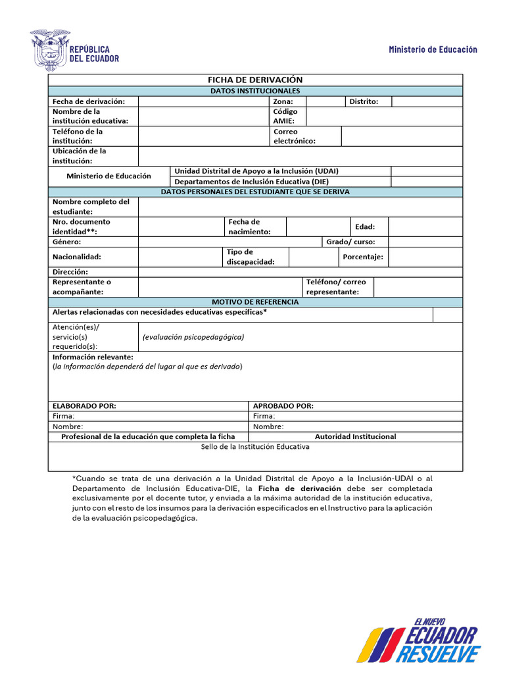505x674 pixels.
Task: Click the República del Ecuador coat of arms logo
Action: [49, 49]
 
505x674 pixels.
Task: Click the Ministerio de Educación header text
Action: [433, 49]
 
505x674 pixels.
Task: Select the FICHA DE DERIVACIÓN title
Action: [255, 80]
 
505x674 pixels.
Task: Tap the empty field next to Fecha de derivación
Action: [204, 101]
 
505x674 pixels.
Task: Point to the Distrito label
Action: [364, 101]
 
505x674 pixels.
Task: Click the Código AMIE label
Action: [285, 116]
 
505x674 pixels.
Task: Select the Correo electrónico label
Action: [294, 136]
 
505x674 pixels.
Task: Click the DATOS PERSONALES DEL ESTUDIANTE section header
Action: [255, 192]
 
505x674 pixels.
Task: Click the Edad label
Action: [365, 226]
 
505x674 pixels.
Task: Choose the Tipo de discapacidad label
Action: [250, 257]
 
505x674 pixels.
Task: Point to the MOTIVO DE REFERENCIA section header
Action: [255, 301]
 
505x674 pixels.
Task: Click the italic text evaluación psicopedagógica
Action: [193, 337]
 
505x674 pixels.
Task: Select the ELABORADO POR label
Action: [84, 406]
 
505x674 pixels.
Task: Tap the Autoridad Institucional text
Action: [355, 436]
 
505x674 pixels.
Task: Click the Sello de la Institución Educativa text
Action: [255, 446]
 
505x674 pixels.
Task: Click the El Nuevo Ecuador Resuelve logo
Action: [421, 640]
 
